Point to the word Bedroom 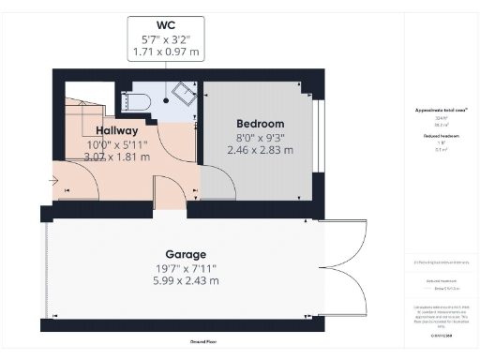pyautogui.click(x=260, y=123)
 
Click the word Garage pyautogui.click(x=186, y=254)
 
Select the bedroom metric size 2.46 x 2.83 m pyautogui.click(x=260, y=149)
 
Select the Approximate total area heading pyautogui.click(x=442, y=110)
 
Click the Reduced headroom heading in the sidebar pyautogui.click(x=442, y=136)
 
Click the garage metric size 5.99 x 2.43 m pyautogui.click(x=186, y=280)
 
